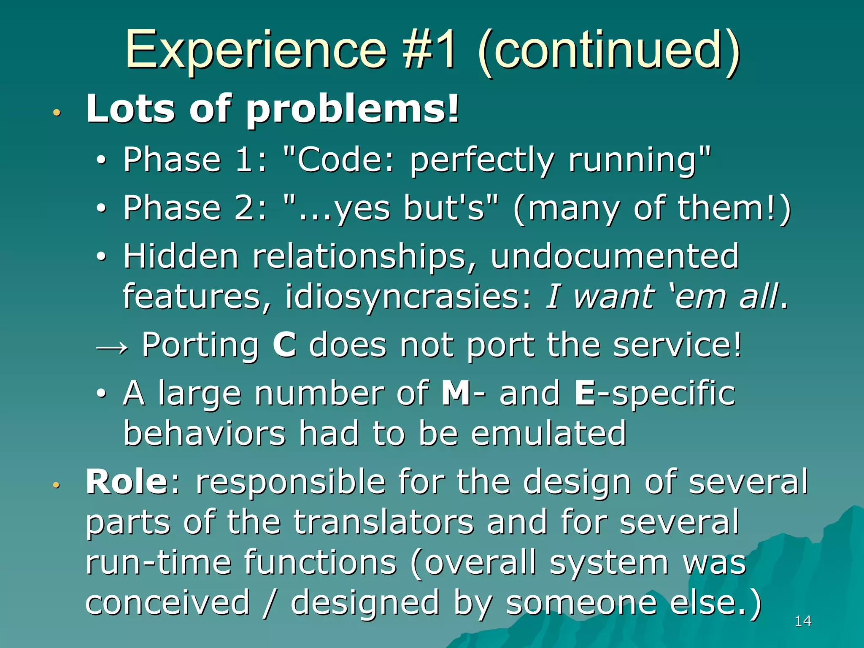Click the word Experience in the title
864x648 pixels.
256,51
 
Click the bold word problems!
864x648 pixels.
352,110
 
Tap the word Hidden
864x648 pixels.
181,256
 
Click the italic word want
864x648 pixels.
614,296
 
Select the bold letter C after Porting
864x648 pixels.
284,345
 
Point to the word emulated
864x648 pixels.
548,433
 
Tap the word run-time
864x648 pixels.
159,562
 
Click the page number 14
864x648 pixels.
803,621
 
